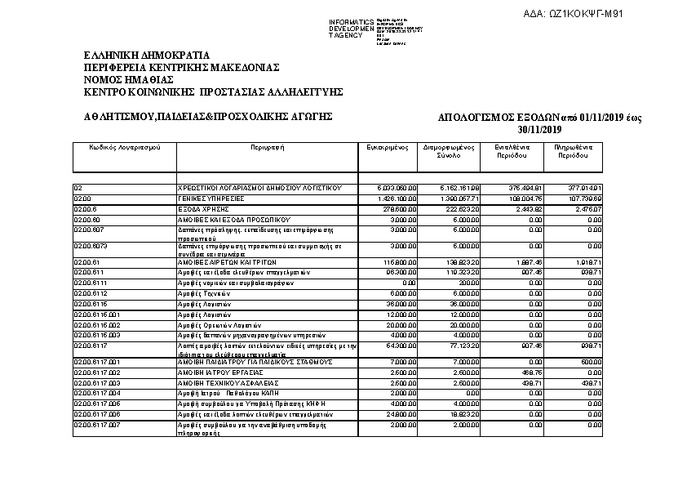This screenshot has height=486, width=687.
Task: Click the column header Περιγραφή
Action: (268, 148)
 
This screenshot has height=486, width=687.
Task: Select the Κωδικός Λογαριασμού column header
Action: (125, 148)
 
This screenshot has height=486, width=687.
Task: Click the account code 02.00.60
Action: (86, 220)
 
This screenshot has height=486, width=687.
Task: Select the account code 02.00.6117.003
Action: (97, 382)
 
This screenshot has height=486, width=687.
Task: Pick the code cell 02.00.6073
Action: (90, 245)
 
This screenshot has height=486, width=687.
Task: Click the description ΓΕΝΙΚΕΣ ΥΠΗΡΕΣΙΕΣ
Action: (211, 198)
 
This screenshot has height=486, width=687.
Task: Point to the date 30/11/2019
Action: (539, 130)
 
